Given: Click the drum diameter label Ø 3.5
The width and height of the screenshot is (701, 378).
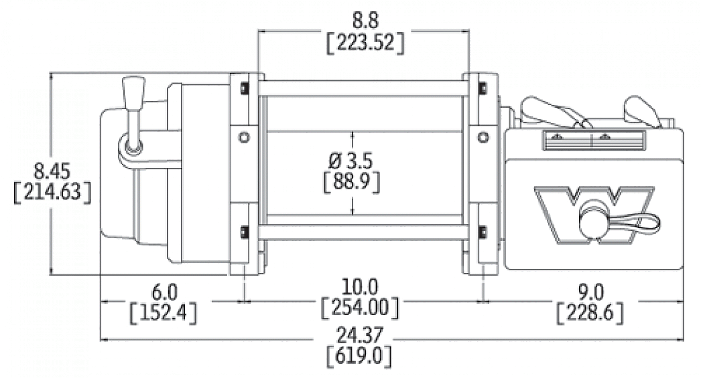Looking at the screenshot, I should [x=352, y=161].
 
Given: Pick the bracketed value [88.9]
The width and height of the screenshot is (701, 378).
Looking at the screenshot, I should [x=352, y=181].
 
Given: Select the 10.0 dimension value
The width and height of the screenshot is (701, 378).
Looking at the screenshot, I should [x=360, y=287].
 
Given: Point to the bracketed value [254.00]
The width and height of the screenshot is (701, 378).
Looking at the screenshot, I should [x=360, y=308].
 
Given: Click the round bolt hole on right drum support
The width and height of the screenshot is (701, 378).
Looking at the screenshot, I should [x=483, y=136].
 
